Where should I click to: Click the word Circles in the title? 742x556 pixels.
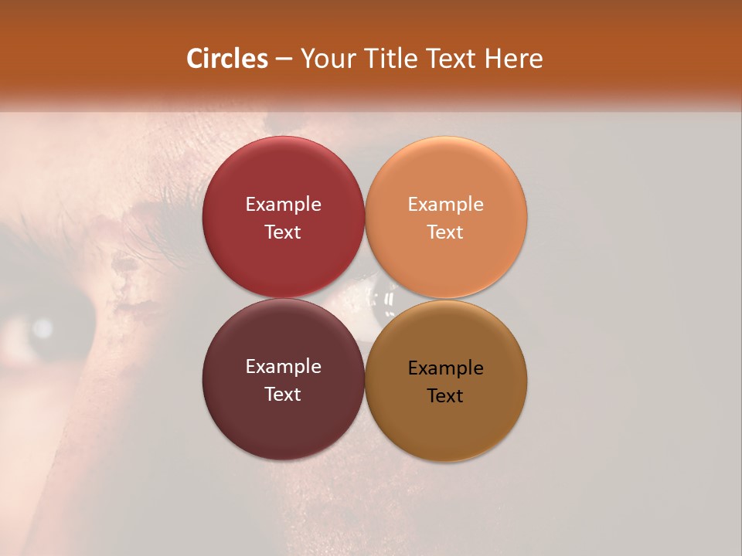click(227, 59)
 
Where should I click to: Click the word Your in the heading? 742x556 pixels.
click(325, 59)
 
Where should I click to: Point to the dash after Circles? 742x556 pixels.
click(284, 59)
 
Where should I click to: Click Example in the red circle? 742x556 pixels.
click(283, 204)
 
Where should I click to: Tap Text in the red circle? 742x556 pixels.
click(283, 232)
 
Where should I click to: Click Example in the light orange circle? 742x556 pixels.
click(445, 204)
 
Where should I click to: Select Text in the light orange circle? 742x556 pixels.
click(445, 232)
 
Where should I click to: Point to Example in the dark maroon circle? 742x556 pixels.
click(283, 366)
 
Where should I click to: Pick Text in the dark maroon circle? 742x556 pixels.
click(283, 394)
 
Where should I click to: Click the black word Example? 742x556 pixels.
click(445, 368)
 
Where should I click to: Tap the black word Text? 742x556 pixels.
click(445, 395)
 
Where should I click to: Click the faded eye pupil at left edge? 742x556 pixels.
click(39, 329)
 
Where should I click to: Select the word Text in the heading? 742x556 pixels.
click(446, 59)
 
